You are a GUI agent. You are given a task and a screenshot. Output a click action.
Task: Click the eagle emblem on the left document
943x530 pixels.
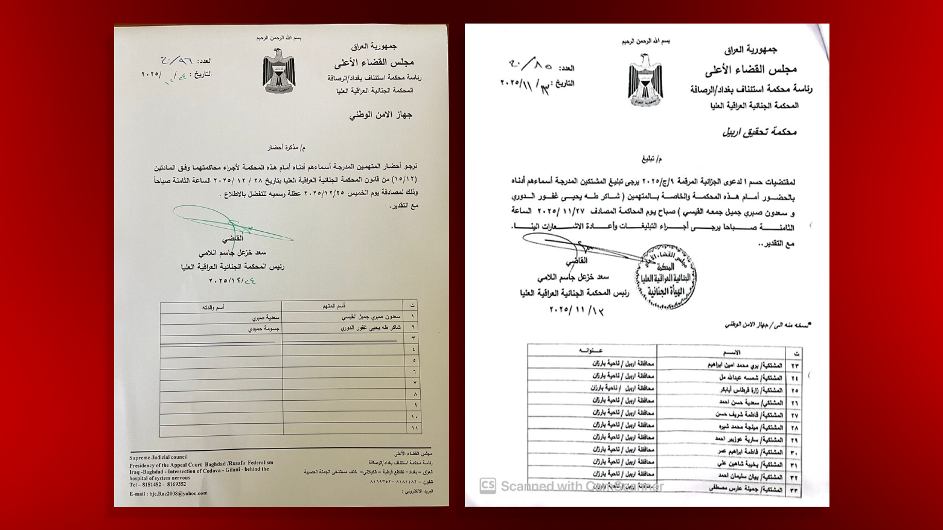[x=278, y=71]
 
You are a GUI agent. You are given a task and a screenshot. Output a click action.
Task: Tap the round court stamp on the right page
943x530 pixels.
[x=666, y=277]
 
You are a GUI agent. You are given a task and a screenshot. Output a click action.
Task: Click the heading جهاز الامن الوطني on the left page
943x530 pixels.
[x=380, y=115]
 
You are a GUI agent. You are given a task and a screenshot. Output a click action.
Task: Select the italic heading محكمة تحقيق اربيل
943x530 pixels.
[x=759, y=132]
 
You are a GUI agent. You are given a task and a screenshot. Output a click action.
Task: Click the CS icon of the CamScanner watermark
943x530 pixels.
[x=488, y=486]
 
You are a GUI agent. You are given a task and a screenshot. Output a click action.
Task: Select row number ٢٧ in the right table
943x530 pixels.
[x=794, y=415]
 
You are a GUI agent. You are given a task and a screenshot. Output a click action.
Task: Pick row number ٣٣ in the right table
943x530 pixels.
[x=794, y=490]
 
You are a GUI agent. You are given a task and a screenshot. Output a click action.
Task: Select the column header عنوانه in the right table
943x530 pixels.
[x=590, y=351]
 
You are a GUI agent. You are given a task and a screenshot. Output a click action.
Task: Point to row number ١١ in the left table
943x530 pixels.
[x=414, y=428]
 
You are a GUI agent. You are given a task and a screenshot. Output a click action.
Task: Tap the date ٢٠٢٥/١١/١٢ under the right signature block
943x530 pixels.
[x=577, y=310]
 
